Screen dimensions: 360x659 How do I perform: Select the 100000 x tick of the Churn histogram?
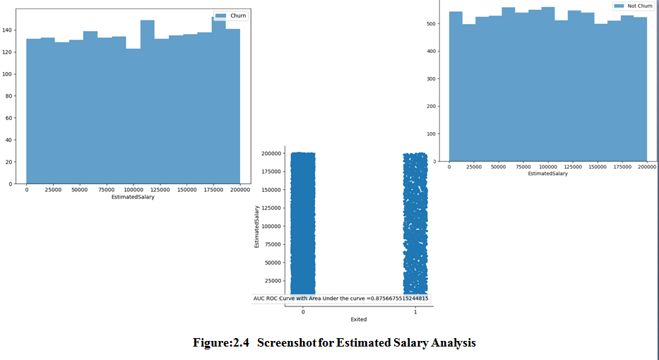point(133,190)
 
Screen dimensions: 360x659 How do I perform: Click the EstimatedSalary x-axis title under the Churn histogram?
point(133,198)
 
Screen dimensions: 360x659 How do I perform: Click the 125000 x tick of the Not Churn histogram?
point(573,167)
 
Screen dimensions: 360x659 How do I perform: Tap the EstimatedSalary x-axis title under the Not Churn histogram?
point(547,173)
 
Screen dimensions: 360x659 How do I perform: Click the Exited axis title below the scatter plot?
point(359,320)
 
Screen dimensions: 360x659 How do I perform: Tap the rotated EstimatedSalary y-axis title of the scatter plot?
point(257,226)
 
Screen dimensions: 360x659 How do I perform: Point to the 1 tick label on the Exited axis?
point(415,311)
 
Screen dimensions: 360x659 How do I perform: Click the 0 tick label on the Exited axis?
point(303,311)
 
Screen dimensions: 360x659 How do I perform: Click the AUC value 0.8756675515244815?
point(400,299)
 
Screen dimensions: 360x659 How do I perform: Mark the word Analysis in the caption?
point(452,343)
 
